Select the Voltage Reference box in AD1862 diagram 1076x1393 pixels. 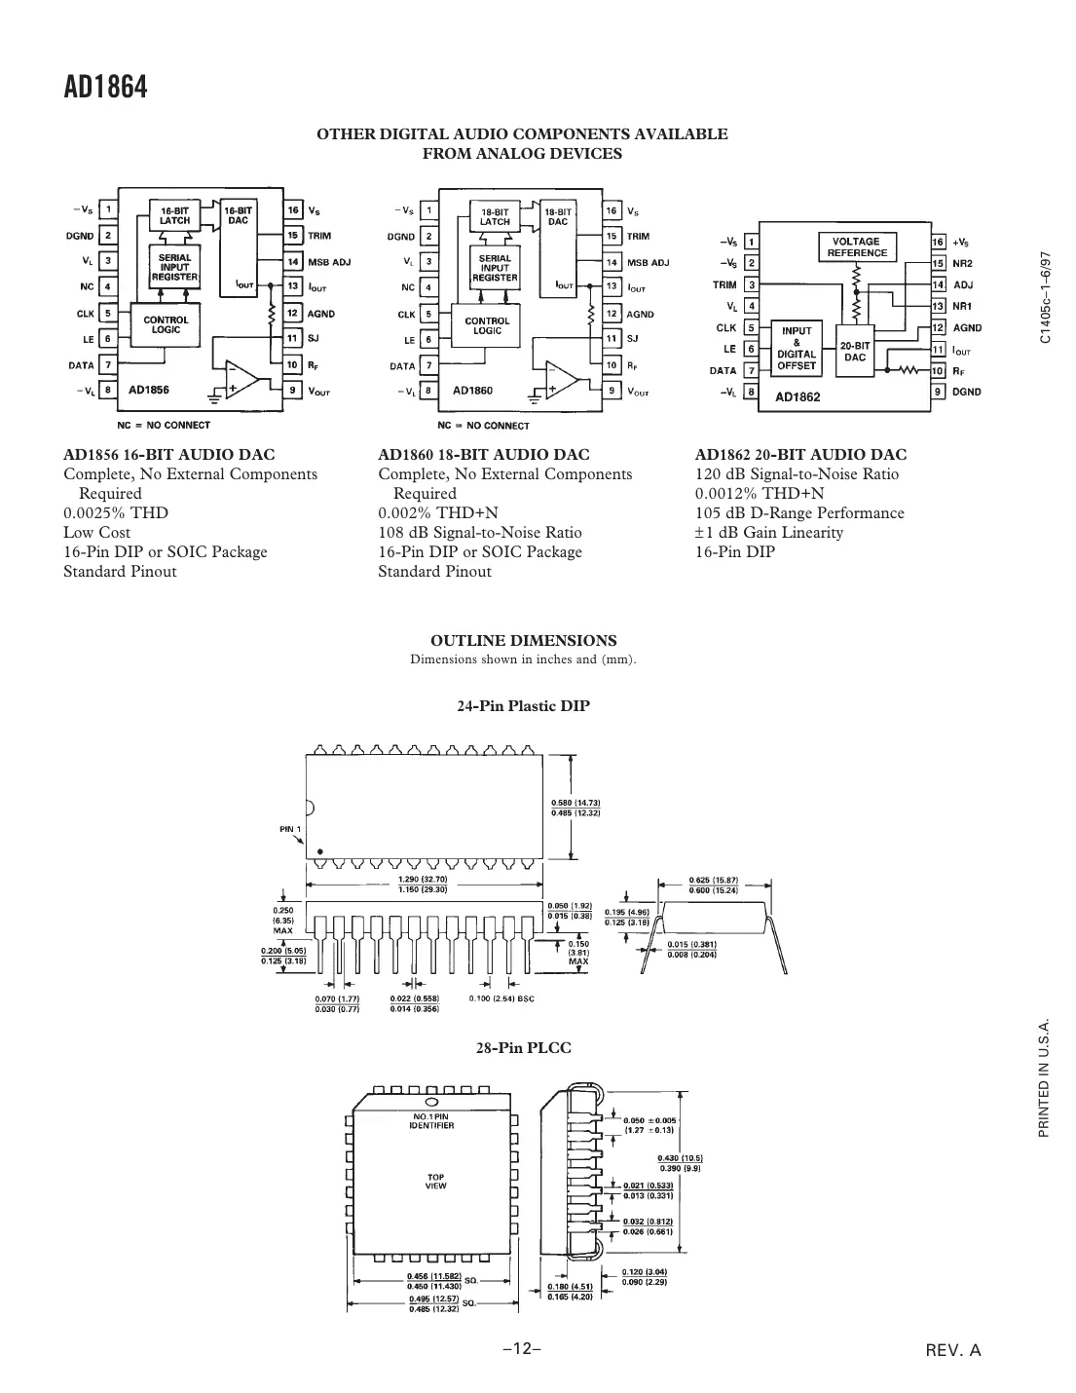coord(857,247)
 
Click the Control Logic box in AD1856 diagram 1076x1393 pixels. coord(167,324)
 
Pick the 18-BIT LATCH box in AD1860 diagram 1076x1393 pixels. coord(495,215)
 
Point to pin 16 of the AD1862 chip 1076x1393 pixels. coord(938,242)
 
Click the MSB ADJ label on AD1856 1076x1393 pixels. coord(329,262)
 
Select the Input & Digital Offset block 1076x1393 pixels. coord(797,349)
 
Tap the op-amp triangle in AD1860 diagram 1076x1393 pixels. coord(561,379)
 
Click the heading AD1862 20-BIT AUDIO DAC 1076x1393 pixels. coord(800,455)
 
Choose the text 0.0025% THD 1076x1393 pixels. coord(116,513)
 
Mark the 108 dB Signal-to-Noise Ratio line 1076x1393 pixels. coord(479,533)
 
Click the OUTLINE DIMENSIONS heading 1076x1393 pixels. coord(523,641)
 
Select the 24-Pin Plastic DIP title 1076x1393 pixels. coord(523,706)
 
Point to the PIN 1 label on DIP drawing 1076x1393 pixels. coord(291,829)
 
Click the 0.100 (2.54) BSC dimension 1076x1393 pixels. coord(502,998)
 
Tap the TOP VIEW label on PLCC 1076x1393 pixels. coord(435,1182)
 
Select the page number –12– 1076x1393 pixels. coord(521,1349)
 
